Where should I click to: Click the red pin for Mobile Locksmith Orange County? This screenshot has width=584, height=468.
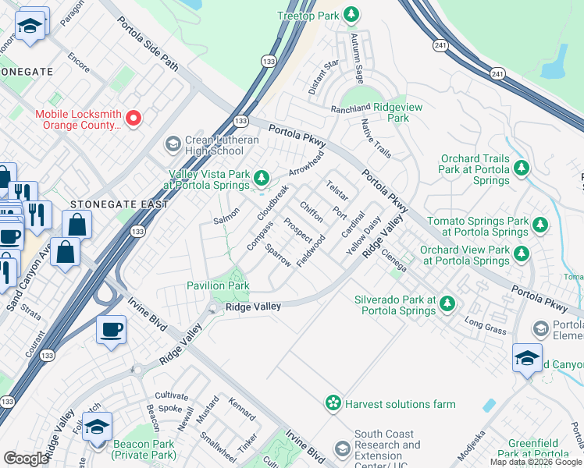pos(134,119)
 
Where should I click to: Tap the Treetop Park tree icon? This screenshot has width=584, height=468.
pos(352,15)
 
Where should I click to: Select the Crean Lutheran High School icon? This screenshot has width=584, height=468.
pos(173,144)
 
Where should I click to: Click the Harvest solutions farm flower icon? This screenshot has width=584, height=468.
pos(333,403)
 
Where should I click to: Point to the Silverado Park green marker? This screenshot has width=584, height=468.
pos(447,303)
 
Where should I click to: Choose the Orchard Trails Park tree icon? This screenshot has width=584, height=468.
pos(522,168)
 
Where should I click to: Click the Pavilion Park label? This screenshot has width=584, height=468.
pos(217,285)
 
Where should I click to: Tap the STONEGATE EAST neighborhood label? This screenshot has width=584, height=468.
pos(119,204)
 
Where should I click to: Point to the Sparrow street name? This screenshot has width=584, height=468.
pos(278,256)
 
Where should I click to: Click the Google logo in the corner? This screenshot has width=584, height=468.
pos(26,459)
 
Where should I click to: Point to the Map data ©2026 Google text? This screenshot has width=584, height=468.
pos(536,462)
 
